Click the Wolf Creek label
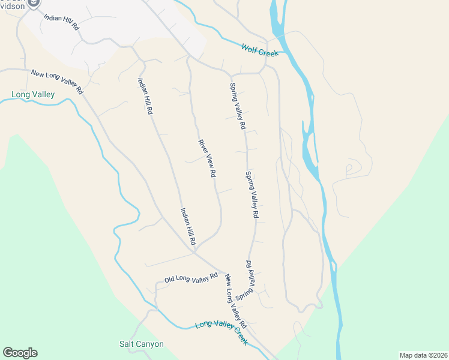[x=260, y=50]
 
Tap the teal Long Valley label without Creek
[x=33, y=94]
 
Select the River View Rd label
[x=207, y=158]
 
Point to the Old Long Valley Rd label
[x=191, y=278]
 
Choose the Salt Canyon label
[x=141, y=344]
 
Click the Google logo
[x=20, y=353]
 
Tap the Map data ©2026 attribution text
[x=424, y=355]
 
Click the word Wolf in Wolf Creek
[x=250, y=48]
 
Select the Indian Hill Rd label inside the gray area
[x=61, y=22]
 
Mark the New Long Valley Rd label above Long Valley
[x=57, y=82]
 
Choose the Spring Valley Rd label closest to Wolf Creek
[x=238, y=106]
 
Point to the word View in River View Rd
[x=207, y=158]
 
